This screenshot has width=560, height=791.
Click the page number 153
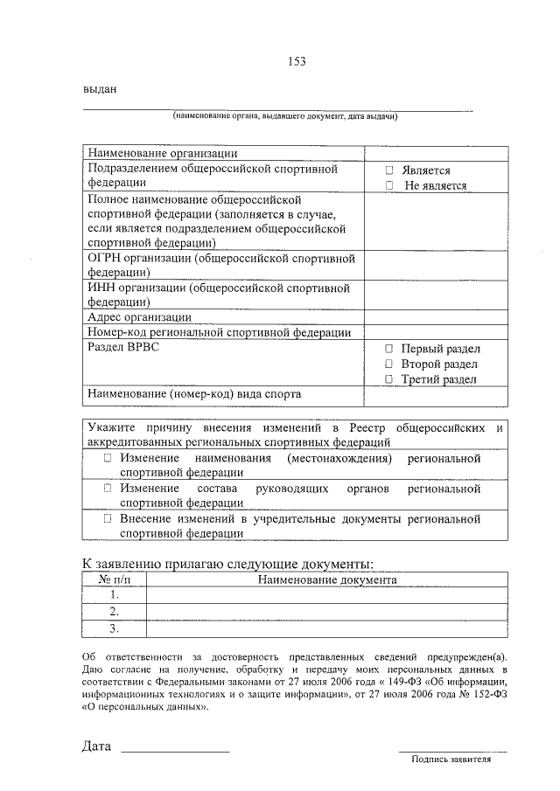[297, 61]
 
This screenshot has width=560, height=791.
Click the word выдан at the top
[100, 89]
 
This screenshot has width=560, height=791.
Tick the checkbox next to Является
[390, 170]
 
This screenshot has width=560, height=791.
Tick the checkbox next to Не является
[390, 185]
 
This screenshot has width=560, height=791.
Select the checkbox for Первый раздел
[390, 348]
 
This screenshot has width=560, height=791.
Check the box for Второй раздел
[390, 363]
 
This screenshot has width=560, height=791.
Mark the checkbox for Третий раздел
[390, 378]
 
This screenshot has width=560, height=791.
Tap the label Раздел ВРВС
[123, 347]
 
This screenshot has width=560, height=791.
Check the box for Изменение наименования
[107, 458]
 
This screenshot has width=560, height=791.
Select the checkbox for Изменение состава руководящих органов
[107, 489]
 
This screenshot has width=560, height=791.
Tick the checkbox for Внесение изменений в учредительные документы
[107, 519]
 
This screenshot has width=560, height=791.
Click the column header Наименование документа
[326, 579]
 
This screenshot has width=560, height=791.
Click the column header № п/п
[114, 579]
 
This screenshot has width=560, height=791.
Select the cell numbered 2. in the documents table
[114, 611]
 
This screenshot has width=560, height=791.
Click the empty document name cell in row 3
[326, 628]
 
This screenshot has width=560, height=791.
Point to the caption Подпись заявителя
[451, 759]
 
